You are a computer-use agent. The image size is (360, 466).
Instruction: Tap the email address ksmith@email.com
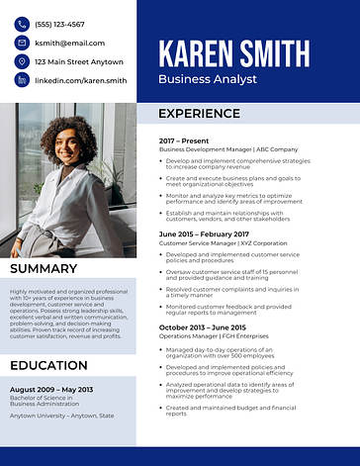[69, 43]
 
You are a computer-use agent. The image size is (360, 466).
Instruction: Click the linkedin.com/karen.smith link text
[80, 80]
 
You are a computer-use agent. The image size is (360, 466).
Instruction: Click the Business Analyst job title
[207, 78]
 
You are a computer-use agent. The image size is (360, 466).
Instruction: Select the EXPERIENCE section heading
[201, 114]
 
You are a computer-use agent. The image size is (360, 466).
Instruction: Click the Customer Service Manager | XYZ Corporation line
[223, 242]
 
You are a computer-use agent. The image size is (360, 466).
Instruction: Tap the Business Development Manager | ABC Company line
[227, 149]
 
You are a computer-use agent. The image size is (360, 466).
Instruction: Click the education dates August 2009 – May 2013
[50, 389]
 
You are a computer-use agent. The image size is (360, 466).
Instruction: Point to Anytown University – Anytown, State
[61, 416]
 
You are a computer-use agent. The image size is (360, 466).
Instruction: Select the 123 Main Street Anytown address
[79, 61]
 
